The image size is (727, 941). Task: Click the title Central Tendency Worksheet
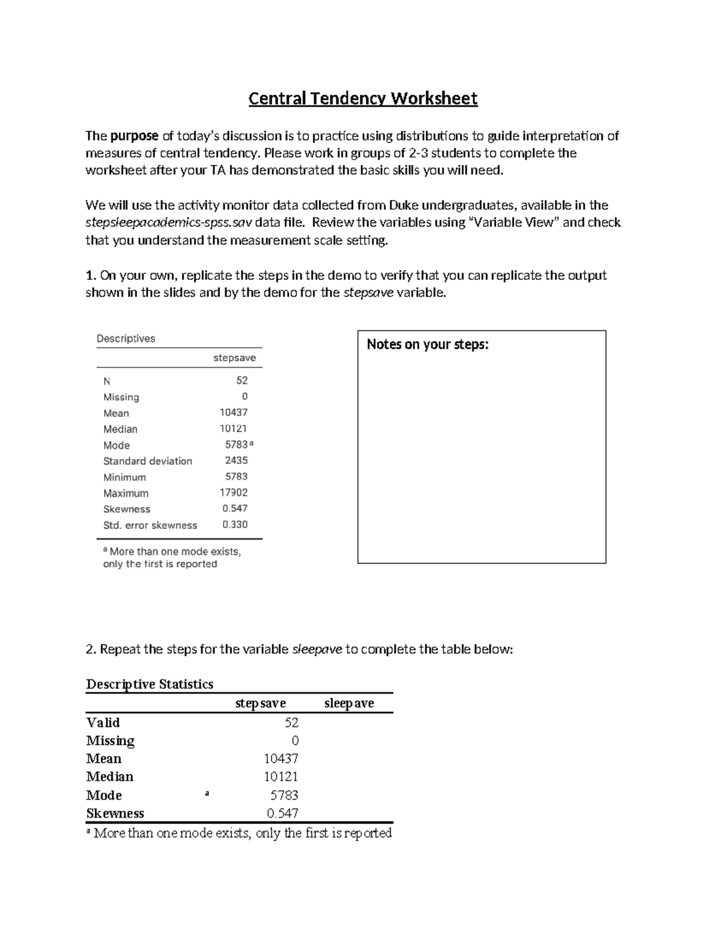[363, 98]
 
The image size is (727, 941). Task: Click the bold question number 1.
[90, 275]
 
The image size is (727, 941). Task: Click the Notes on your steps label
[427, 344]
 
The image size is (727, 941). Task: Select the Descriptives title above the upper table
[126, 339]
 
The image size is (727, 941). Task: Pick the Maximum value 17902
[233, 493]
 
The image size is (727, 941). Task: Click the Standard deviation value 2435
[236, 461]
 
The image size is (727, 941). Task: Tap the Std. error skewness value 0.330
[234, 525]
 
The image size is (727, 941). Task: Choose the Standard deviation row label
[147, 461]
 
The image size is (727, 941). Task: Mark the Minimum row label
[124, 477]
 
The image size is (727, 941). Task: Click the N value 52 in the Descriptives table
[242, 381]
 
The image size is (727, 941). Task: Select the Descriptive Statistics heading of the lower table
[150, 684]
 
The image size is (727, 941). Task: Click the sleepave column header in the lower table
[349, 703]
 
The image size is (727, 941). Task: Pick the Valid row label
[103, 722]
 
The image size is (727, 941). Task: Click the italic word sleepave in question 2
[317, 650]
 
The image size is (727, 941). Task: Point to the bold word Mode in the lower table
[104, 795]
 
